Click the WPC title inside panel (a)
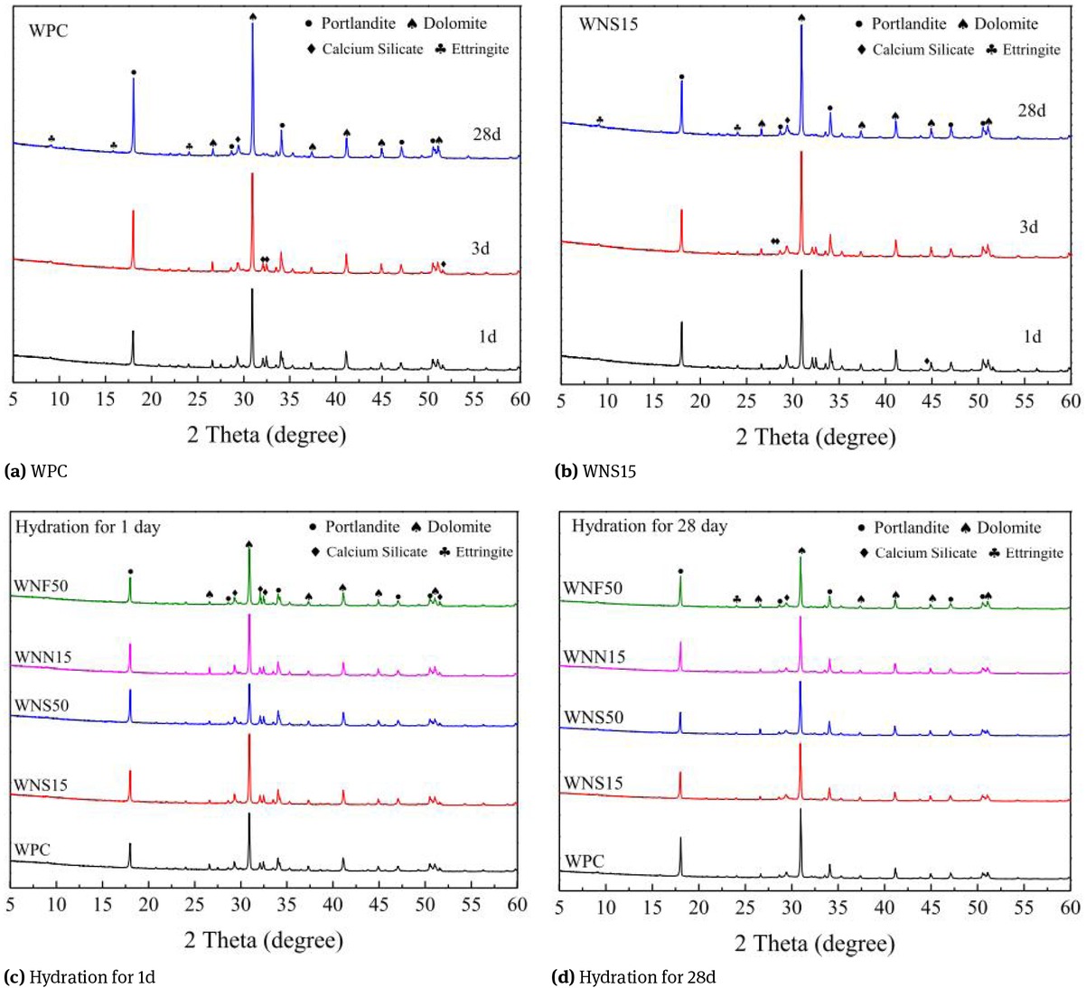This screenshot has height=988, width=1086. [49, 31]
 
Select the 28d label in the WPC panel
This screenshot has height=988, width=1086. [486, 135]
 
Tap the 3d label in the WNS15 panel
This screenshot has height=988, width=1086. [1029, 227]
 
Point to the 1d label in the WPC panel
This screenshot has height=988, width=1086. [487, 337]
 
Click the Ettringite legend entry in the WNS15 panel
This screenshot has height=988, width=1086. [1023, 50]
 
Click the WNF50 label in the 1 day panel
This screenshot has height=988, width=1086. [42, 586]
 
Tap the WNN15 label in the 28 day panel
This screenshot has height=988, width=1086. [594, 657]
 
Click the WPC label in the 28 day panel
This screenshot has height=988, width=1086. [585, 861]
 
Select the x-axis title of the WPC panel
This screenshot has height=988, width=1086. [267, 435]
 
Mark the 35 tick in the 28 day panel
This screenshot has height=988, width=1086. [839, 907]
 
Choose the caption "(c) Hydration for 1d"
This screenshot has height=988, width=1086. [86, 976]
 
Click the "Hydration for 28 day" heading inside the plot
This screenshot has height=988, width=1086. [649, 525]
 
